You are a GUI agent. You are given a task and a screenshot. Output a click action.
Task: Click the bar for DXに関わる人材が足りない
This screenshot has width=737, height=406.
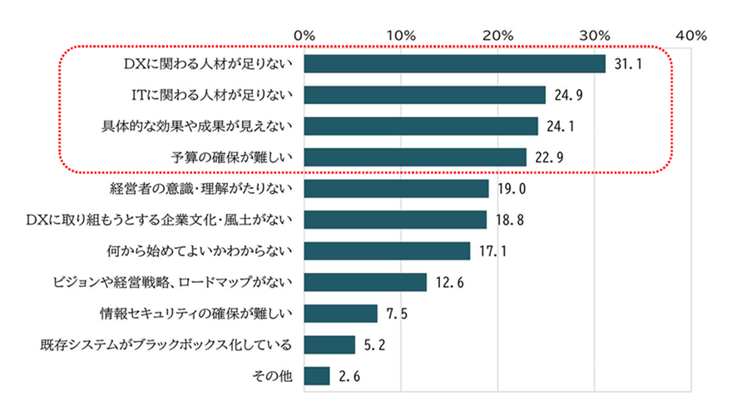(455, 64)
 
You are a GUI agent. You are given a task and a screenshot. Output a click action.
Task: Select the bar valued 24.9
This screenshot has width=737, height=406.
(425, 95)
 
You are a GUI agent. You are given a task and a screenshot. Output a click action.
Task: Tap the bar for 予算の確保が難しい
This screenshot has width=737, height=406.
(415, 157)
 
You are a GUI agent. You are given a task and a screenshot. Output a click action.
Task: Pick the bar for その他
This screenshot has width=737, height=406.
(317, 376)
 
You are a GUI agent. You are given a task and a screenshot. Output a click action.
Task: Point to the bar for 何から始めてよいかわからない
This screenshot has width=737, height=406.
(388, 250)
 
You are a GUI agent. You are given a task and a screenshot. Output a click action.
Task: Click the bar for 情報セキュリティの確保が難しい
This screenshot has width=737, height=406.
(341, 314)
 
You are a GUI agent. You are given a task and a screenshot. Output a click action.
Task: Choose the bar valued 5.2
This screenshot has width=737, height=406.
(329, 344)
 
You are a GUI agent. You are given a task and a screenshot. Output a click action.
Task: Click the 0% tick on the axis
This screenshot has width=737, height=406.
(304, 36)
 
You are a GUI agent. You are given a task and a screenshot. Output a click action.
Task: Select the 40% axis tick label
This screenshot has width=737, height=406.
(691, 36)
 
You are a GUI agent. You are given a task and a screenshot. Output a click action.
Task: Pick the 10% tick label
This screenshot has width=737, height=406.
(401, 36)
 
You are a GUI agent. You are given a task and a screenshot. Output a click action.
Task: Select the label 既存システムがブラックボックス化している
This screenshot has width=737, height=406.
(166, 344)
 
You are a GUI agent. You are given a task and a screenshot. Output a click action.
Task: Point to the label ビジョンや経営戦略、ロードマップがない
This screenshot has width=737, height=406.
(170, 283)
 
